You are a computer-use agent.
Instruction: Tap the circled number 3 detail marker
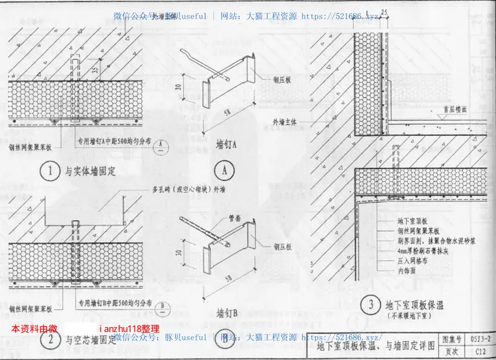pyautogui.click(x=370, y=305)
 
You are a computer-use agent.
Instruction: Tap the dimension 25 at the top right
pyautogui.click(x=384, y=12)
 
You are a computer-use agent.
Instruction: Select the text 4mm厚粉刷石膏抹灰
pyautogui.click(x=425, y=251)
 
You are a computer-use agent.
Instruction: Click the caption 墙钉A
pyautogui.click(x=227, y=144)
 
